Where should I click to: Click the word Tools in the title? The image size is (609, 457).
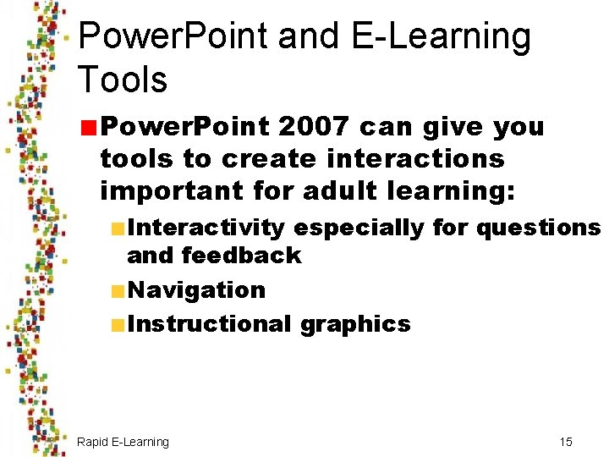pos(123,80)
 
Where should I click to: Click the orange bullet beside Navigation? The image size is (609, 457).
pos(118,290)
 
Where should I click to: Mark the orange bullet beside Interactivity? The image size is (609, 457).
pos(118,228)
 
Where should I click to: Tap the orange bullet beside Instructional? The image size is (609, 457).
pos(118,324)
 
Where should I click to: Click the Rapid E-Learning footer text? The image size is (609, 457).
pos(123,442)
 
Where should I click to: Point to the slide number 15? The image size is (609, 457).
pos(566,442)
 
